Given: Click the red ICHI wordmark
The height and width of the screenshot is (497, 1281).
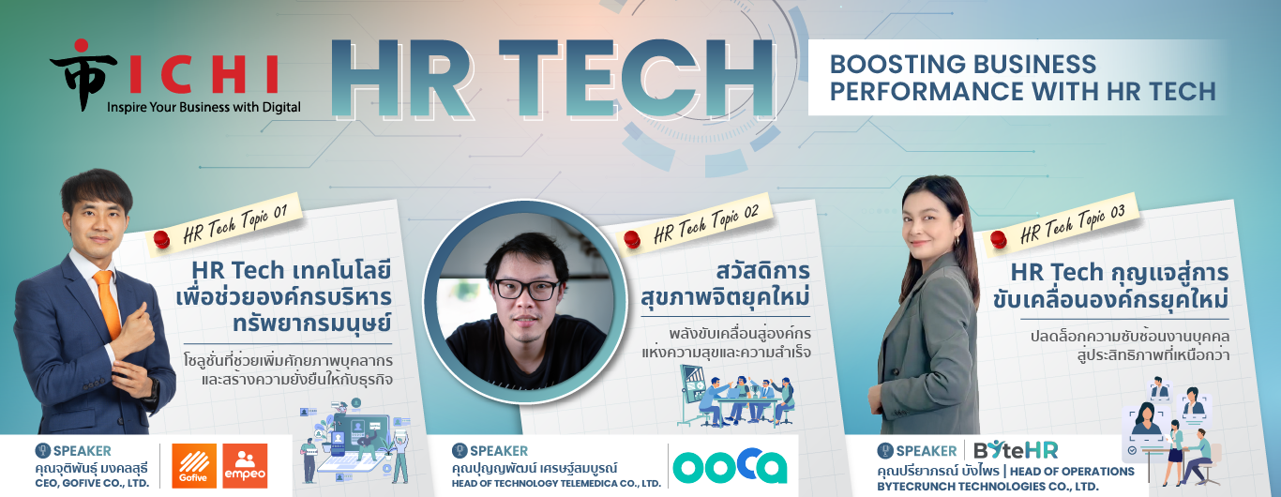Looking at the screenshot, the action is pyautogui.click(x=203, y=74).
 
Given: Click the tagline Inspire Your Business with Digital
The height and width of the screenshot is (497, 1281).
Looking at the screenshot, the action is pyautogui.click(x=203, y=107).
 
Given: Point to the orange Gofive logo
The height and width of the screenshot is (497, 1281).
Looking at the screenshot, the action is pyautogui.click(x=194, y=465).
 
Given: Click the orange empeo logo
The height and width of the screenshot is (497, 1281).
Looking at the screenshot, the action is pyautogui.click(x=245, y=465).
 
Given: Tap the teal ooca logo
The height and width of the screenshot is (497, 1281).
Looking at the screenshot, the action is pyautogui.click(x=730, y=465).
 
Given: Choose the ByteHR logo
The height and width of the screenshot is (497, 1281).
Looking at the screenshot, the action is pyautogui.click(x=1016, y=451).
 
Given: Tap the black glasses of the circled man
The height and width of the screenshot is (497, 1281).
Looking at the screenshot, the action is pyautogui.click(x=526, y=289).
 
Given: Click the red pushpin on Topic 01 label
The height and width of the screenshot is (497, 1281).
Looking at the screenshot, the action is pyautogui.click(x=162, y=239).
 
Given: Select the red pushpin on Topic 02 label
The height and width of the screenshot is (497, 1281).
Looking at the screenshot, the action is pyautogui.click(x=632, y=239).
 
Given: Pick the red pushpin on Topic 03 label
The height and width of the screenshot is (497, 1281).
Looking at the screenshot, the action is pyautogui.click(x=999, y=239).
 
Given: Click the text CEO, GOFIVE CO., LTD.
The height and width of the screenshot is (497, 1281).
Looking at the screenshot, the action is pyautogui.click(x=92, y=483).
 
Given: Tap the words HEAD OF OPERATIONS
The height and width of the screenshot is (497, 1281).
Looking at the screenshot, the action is pyautogui.click(x=1072, y=472).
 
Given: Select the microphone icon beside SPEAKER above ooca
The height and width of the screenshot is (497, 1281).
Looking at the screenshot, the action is pyautogui.click(x=460, y=451).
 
